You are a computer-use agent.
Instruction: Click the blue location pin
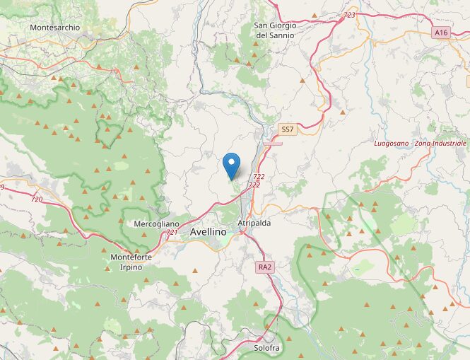[230, 165]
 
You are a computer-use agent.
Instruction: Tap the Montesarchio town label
[54, 28]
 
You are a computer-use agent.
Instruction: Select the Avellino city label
[208, 232]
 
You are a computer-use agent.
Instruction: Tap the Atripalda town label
[254, 223]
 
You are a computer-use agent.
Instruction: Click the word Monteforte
[131, 257]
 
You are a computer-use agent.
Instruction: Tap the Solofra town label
[267, 348]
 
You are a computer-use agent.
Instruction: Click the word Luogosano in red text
[394, 144]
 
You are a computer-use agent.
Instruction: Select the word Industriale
[454, 144]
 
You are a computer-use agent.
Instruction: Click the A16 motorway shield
[441, 33]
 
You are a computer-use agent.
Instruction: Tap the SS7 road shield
[287, 129]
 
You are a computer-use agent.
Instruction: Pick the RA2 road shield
[264, 267]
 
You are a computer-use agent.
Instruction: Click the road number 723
[349, 15]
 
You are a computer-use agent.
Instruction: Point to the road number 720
[37, 199]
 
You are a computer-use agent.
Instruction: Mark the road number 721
[172, 232]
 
